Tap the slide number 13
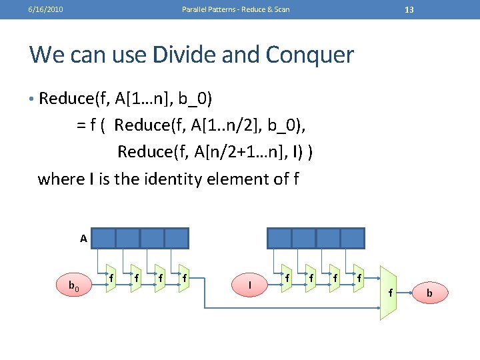409,9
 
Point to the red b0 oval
74,286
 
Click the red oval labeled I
249,285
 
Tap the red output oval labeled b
429,292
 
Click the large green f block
389,292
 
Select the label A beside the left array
83,238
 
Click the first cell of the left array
103,238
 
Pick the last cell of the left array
177,238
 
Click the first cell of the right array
279,238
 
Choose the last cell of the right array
352,238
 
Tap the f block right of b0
111,277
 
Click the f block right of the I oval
287,277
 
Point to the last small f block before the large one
360,277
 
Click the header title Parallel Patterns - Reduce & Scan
236,9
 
